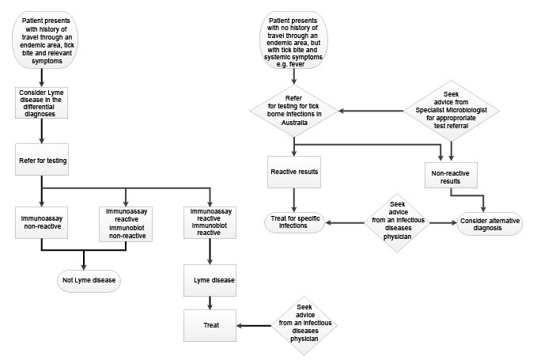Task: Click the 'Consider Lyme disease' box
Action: point(41,103)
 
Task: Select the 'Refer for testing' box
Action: point(42,160)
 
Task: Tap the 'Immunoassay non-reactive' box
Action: point(41,222)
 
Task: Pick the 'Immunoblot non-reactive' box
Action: point(126,224)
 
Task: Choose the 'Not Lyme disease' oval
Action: point(89,281)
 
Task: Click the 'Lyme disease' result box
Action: point(210,280)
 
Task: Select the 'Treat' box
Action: point(210,325)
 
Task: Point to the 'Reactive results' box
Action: point(294,172)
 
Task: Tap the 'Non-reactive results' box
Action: point(451,175)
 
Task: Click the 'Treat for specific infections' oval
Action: point(295,222)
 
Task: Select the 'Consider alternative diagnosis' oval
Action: point(490,224)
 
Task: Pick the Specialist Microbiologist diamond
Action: point(451,111)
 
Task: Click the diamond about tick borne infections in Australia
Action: point(294,111)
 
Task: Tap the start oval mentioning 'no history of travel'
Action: point(293,40)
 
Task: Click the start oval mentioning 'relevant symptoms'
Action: point(45,40)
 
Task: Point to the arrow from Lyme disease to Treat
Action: point(210,303)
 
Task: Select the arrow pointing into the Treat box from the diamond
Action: point(254,326)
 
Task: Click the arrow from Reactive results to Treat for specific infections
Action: point(294,200)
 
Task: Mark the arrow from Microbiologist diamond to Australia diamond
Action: point(371,111)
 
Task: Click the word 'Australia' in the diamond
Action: point(294,123)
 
